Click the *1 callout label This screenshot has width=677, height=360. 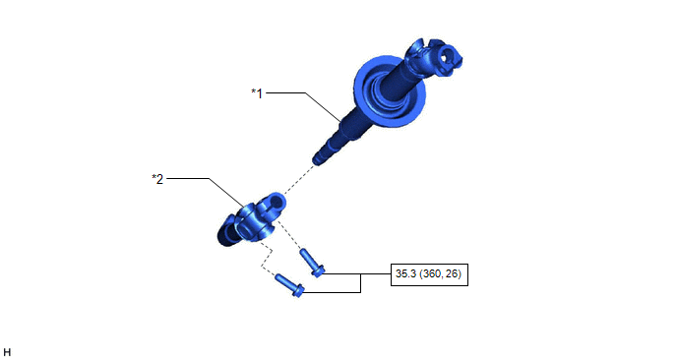tap(257, 93)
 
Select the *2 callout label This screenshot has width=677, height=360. tap(157, 179)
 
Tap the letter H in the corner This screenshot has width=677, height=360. tap(7, 353)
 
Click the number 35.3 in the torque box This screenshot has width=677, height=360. tap(405, 273)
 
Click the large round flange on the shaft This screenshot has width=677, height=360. tap(390, 91)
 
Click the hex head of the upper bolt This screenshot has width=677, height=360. tap(318, 271)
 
